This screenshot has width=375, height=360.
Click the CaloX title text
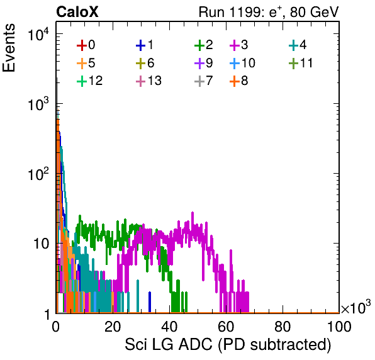(77, 12)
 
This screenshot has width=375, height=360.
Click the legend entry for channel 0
(86, 45)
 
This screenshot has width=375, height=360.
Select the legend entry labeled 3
(239, 45)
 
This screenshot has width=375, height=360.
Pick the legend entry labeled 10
(242, 63)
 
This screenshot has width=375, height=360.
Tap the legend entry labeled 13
(148, 81)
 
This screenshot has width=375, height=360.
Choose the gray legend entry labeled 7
(204, 81)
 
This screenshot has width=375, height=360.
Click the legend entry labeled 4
(298, 45)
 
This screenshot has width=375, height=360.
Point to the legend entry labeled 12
(90, 81)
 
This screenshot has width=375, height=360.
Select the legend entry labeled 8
(239, 81)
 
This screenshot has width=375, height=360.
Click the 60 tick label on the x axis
(226, 326)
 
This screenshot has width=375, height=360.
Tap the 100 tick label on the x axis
(339, 326)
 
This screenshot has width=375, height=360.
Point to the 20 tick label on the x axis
(113, 326)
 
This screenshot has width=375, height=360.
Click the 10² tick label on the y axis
(38, 174)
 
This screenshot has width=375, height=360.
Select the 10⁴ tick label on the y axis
(38, 34)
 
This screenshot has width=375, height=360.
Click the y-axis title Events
(9, 48)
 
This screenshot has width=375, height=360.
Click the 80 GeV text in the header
(315, 12)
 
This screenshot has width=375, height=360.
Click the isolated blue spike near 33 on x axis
(150, 302)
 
